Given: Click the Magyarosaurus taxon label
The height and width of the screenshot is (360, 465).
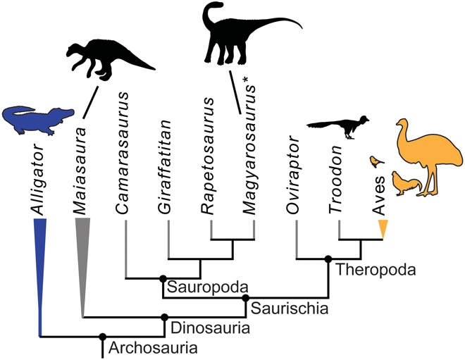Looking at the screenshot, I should coord(252,148).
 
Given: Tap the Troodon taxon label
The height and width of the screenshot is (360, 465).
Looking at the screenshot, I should coord(337,177).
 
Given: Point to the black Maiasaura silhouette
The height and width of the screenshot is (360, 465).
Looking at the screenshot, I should coord(106,60).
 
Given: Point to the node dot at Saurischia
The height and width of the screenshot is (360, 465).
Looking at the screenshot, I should coord(245,298).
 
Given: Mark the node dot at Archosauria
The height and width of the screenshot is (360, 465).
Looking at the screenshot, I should coord(103,336).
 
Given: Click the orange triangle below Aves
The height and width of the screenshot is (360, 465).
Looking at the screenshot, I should coord(383,228).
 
